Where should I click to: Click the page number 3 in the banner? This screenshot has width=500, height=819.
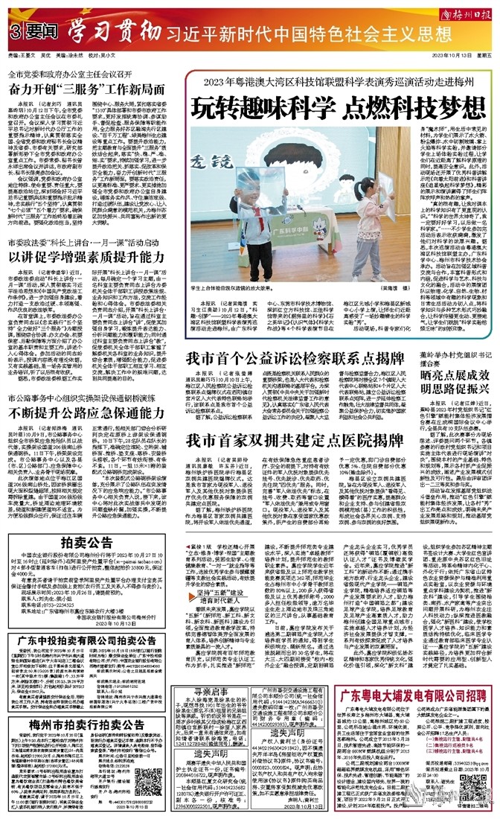(x=15, y=32)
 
